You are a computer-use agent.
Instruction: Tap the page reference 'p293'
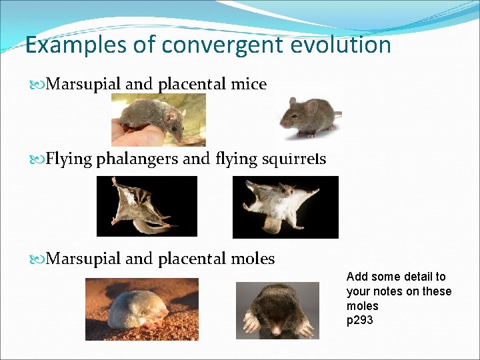pyautogui.click(x=360, y=321)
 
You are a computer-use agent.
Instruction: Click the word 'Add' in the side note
pyautogui.click(x=357, y=277)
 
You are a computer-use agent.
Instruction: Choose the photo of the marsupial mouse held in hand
pyautogui.click(x=158, y=119)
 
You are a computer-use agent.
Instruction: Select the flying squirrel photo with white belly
pyautogui.click(x=285, y=207)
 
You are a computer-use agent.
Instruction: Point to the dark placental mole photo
pyautogui.click(x=277, y=310)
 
